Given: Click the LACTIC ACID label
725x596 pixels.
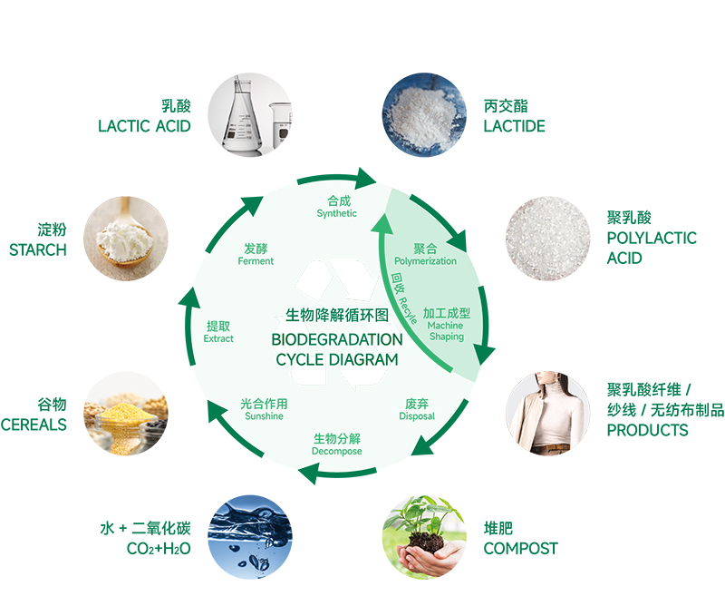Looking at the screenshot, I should coord(144,126).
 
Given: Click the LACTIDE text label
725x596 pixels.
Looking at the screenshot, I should coord(514,126).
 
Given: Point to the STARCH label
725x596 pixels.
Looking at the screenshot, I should coord(38,249).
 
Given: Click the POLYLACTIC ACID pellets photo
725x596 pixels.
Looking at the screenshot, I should coord(546,237).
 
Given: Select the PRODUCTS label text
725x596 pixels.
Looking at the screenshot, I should coord(647,430).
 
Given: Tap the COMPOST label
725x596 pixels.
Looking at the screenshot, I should coord(520,548).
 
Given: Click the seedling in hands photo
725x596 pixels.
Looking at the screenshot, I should coord(423,536).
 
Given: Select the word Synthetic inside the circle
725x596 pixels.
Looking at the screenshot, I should coord(337,214).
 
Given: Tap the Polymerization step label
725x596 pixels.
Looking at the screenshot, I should coord(425,261).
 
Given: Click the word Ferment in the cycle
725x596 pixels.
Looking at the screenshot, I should coord(256,261).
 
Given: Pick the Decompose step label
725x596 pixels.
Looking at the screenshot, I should coord(337,451).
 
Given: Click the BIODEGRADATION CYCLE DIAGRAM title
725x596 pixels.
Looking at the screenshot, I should coord(337,349).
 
